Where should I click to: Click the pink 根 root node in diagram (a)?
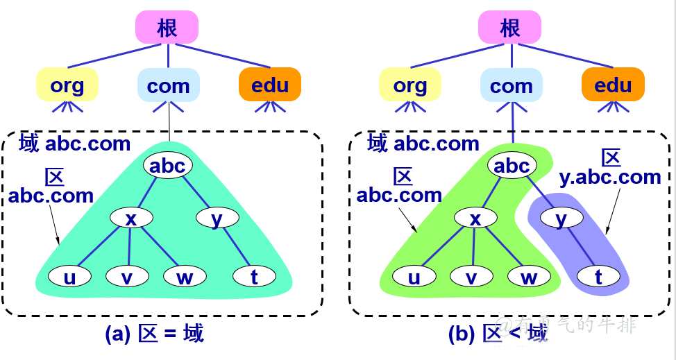click(x=167, y=28)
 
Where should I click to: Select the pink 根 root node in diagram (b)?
click(x=509, y=28)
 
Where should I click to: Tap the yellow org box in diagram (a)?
click(x=67, y=85)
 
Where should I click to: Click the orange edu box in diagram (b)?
click(x=613, y=85)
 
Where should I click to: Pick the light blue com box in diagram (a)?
click(x=168, y=85)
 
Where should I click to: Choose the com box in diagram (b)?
click(x=511, y=85)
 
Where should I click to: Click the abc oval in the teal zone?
click(x=167, y=166)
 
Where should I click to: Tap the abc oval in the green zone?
click(x=512, y=166)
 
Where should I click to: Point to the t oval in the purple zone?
click(x=598, y=277)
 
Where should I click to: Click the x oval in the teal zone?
click(x=131, y=218)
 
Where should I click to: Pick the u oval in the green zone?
click(x=414, y=277)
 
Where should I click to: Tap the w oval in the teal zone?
click(x=185, y=277)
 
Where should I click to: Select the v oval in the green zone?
click(x=472, y=277)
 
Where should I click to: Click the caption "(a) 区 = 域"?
click(x=154, y=334)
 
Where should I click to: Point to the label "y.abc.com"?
click(x=610, y=177)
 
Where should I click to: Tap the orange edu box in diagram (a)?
click(x=270, y=85)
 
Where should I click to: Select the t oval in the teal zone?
click(x=254, y=277)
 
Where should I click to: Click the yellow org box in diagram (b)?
click(x=409, y=85)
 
